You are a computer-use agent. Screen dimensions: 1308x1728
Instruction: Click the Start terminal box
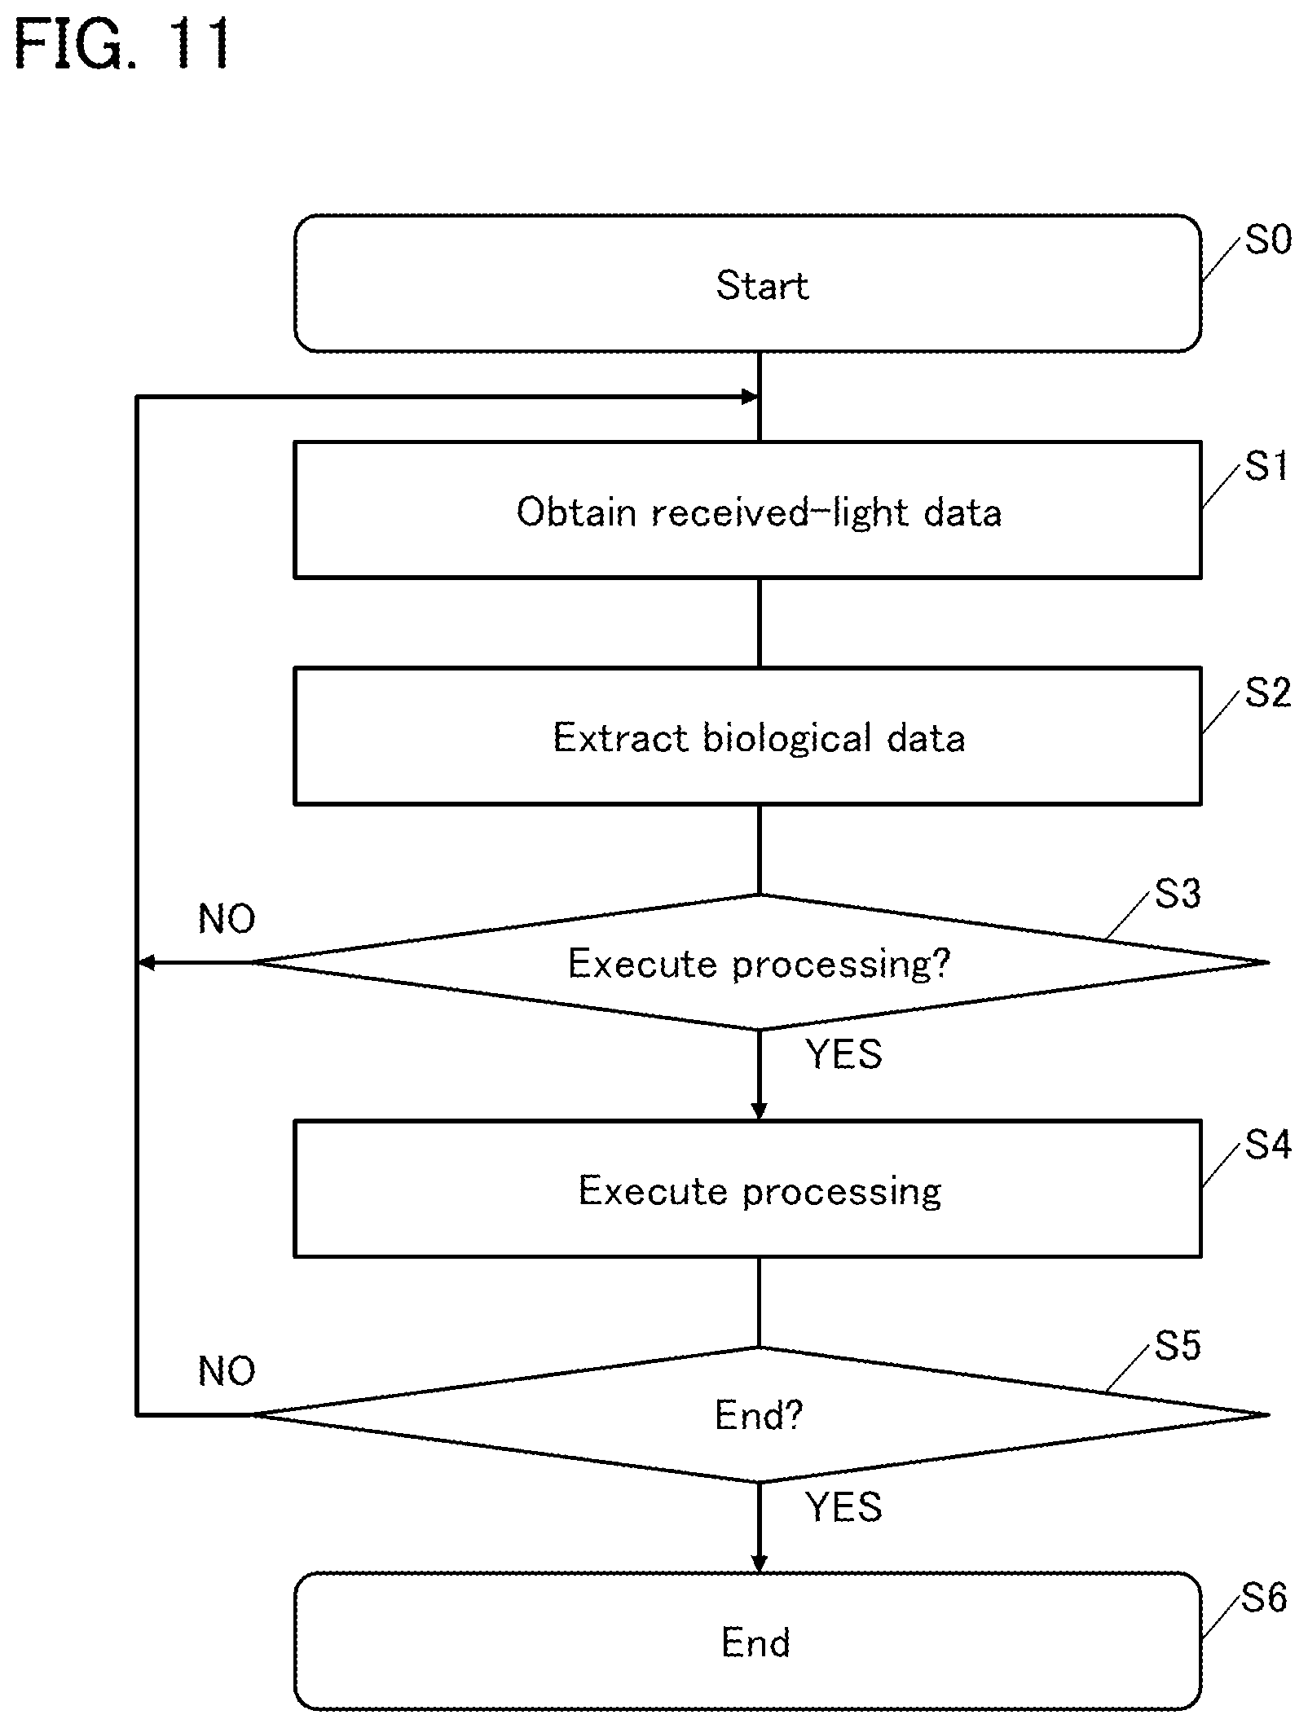(747, 284)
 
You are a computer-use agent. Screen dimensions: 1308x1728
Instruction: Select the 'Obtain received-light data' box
(747, 510)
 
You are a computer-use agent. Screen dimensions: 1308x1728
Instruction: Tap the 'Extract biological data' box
(747, 736)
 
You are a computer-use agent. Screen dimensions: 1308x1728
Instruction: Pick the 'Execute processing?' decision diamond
(760, 963)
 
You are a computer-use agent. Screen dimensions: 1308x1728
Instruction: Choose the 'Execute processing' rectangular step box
(747, 1189)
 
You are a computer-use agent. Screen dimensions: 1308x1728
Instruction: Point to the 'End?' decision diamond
(760, 1415)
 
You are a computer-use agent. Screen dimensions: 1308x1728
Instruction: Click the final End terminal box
(747, 1642)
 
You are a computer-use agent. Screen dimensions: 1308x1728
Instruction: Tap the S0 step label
(1268, 240)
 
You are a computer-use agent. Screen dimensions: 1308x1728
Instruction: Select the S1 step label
(1266, 467)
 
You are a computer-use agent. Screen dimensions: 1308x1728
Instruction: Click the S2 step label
(1268, 693)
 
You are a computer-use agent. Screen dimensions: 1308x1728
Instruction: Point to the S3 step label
(1178, 894)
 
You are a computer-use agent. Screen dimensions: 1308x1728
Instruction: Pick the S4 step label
(1268, 1145)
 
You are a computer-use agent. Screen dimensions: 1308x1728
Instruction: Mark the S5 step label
(1178, 1346)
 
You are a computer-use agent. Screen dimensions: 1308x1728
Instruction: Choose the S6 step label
(1264, 1598)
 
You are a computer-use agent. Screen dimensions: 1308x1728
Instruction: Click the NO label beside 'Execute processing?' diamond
(227, 919)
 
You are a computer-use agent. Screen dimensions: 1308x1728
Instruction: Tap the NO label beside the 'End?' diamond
(227, 1372)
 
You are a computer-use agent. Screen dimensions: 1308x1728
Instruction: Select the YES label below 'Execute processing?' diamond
(844, 1054)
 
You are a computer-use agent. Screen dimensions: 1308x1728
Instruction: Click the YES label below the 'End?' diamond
(844, 1507)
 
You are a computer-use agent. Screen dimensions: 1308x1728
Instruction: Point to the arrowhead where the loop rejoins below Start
(751, 397)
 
